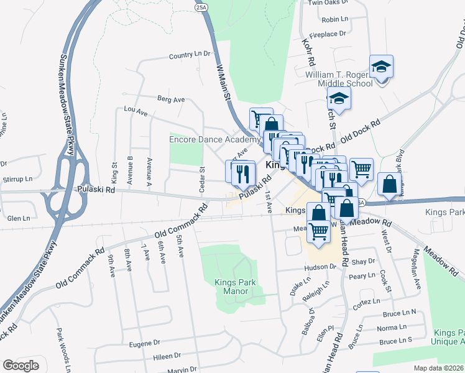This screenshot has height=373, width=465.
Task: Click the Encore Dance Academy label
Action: (x=211, y=139)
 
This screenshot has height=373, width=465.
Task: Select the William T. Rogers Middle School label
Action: (x=338, y=79)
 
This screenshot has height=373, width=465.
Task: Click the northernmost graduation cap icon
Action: (x=381, y=66)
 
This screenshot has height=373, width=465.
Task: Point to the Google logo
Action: (x=21, y=366)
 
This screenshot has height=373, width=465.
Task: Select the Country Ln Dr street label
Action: (x=190, y=55)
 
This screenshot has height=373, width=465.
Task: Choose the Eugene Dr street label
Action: (x=144, y=343)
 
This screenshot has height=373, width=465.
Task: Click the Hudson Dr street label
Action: (x=320, y=267)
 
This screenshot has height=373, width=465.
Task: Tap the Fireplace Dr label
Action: (x=327, y=34)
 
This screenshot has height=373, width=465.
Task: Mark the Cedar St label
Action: (x=201, y=178)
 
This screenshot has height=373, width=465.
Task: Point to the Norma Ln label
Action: (x=391, y=327)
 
